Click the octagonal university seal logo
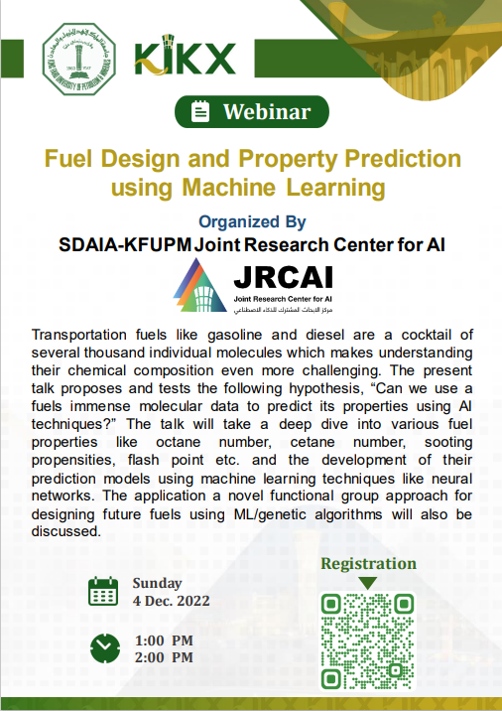pyautogui.click(x=78, y=59)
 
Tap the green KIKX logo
pyautogui.click(x=185, y=56)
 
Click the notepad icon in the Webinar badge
pyautogui.click(x=199, y=111)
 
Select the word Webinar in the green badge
pyautogui.click(x=267, y=112)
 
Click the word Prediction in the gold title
pyautogui.click(x=403, y=159)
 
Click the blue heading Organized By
pyautogui.click(x=252, y=221)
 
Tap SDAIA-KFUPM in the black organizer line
pyautogui.click(x=125, y=245)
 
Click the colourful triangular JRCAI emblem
pyautogui.click(x=199, y=285)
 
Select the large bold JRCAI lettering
pyautogui.click(x=283, y=277)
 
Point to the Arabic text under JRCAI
pyautogui.click(x=283, y=310)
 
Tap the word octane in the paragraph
pyautogui.click(x=178, y=442)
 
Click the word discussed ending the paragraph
pyautogui.click(x=66, y=531)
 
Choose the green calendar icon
pyautogui.click(x=103, y=591)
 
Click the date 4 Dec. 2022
pyautogui.click(x=172, y=601)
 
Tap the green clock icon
pyautogui.click(x=105, y=648)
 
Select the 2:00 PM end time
pyautogui.click(x=164, y=657)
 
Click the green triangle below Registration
pyautogui.click(x=367, y=583)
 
